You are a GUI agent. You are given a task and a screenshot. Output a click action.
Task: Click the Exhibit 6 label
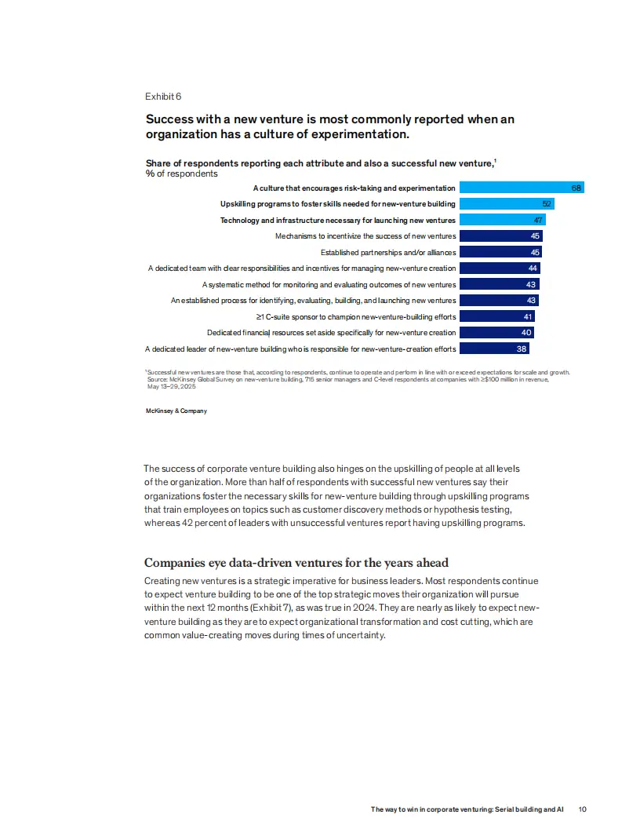163,97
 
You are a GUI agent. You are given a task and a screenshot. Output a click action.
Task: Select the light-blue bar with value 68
522,188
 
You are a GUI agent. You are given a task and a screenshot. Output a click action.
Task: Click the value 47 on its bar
538,221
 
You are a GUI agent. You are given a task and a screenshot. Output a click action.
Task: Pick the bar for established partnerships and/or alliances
500,252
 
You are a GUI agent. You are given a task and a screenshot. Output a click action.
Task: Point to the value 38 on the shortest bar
522,349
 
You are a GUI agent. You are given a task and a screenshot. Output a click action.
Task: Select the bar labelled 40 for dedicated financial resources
496,333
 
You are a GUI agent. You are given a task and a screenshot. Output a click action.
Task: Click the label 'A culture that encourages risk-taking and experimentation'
354,188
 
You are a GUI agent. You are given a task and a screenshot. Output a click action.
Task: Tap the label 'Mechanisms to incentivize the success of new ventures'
365,236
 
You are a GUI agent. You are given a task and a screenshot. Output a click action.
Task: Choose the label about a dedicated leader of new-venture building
300,349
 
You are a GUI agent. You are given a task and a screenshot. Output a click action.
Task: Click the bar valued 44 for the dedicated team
500,268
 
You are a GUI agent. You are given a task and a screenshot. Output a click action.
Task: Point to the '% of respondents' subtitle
181,173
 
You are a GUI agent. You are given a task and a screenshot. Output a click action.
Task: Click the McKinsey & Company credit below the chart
176,411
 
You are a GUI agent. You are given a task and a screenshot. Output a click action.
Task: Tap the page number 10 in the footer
582,809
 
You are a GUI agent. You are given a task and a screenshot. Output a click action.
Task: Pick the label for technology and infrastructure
337,221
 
